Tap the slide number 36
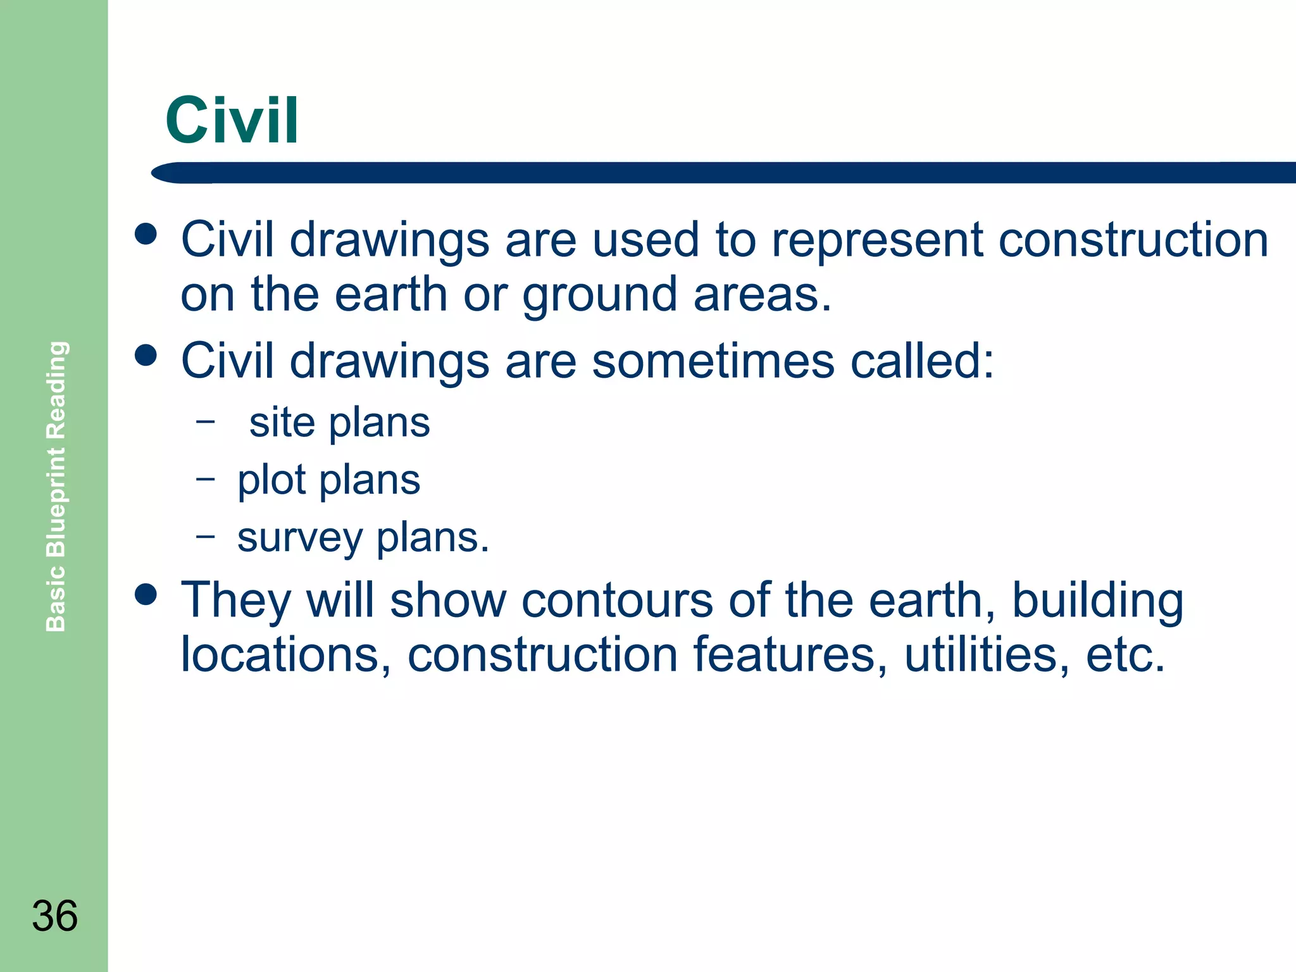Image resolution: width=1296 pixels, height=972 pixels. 55,916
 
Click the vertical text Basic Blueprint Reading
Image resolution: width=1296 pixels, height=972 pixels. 56,486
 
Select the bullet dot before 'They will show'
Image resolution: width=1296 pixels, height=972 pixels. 146,595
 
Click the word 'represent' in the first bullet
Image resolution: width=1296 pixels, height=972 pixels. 877,242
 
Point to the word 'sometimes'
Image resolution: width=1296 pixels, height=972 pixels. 713,361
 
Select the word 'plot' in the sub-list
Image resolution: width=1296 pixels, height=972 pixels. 271,481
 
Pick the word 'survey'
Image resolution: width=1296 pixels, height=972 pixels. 300,539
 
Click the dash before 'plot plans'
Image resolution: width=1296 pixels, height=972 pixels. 205,478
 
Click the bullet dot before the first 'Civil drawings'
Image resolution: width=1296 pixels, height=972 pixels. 146,234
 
